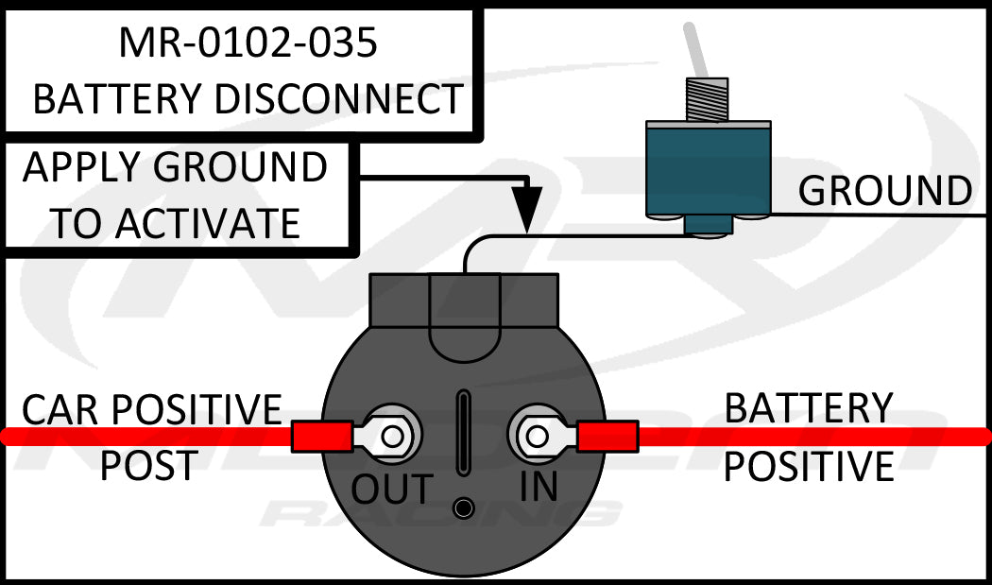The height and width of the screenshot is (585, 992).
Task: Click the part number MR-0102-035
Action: coord(247,42)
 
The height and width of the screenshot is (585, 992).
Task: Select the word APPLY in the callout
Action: coord(80,168)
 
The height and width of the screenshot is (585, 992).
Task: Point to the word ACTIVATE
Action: coord(208,224)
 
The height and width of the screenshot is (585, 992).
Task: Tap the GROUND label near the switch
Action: coord(884,191)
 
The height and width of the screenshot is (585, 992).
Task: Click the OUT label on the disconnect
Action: coord(392,489)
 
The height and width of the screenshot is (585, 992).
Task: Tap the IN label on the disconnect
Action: coord(539,486)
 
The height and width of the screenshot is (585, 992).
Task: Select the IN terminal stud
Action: coord(537,436)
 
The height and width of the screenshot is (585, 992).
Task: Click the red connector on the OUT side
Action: coord(321,437)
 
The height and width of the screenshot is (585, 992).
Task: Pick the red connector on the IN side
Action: coord(608,437)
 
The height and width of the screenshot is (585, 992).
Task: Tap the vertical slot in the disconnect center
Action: coord(463,434)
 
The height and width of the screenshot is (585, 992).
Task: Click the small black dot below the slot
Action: coord(463,508)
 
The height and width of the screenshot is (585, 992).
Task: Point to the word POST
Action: coord(148,465)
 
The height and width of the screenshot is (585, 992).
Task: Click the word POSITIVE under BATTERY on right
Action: coord(809,467)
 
